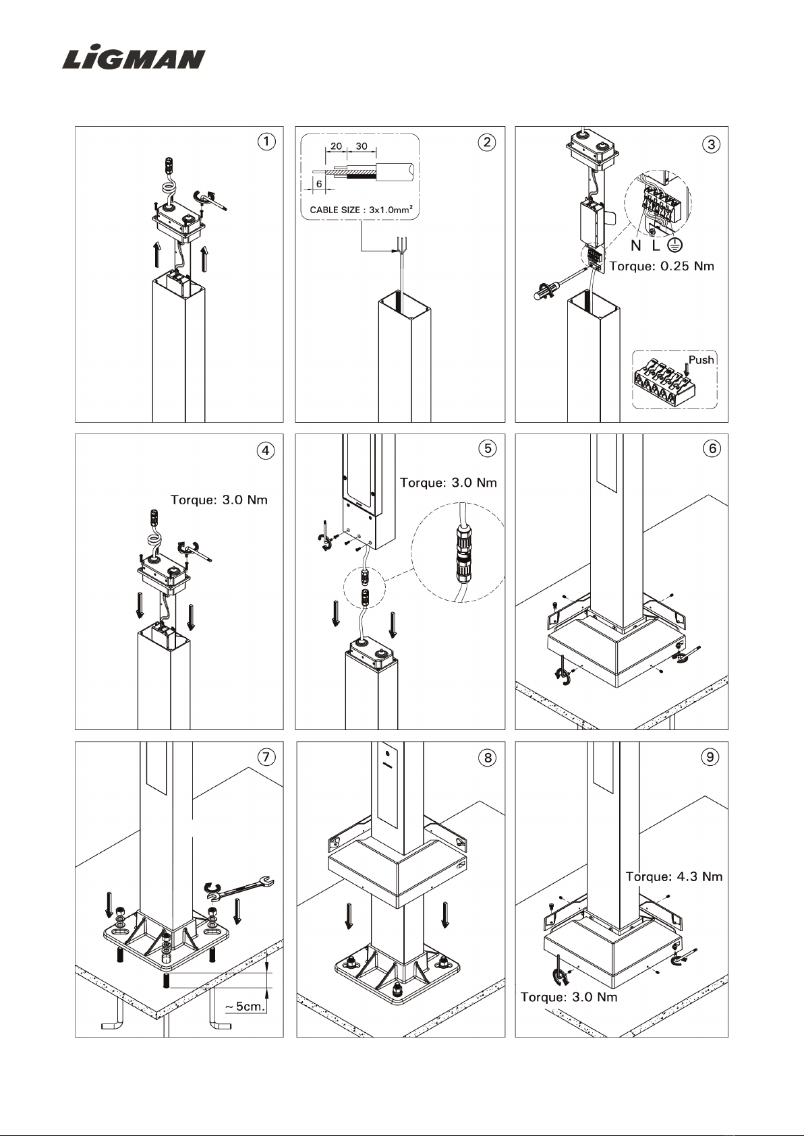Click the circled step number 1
tap(267, 142)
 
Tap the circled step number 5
tap(488, 448)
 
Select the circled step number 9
tap(710, 757)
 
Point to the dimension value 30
tap(362, 146)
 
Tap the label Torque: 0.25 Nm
tap(661, 266)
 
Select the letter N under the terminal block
tap(635, 247)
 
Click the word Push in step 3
tap(701, 359)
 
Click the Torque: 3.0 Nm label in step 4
tap(219, 500)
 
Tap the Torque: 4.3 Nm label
tap(674, 876)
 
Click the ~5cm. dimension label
tap(246, 1007)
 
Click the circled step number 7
tap(267, 757)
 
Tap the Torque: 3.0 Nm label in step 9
tap(569, 997)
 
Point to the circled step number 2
tap(488, 142)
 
